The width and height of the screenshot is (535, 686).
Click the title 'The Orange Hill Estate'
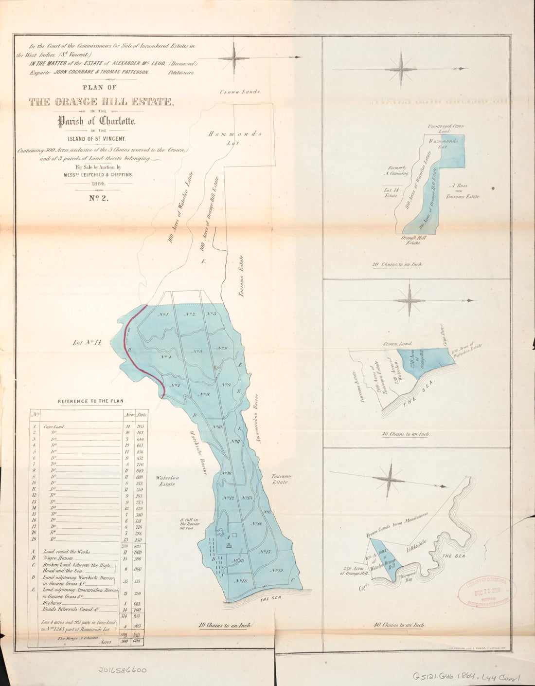click(x=101, y=102)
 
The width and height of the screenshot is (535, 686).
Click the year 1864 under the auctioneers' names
click(x=99, y=184)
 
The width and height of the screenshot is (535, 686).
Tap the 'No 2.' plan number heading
click(x=99, y=199)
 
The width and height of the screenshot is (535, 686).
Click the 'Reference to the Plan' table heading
click(x=91, y=401)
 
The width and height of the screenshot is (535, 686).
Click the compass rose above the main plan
click(x=234, y=58)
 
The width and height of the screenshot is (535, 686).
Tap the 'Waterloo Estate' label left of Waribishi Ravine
click(x=165, y=481)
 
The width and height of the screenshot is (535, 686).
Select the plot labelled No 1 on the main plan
click(x=163, y=315)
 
